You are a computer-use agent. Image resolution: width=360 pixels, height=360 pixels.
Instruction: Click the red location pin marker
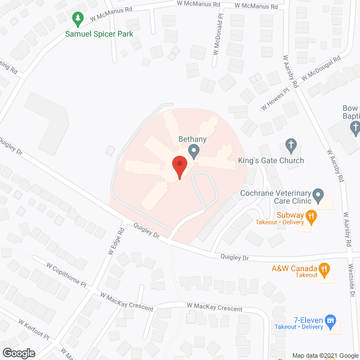tap(179, 167)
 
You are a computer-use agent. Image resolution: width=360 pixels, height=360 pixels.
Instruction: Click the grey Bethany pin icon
tap(194, 151)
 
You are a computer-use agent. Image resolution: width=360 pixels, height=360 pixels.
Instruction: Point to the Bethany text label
tap(193, 138)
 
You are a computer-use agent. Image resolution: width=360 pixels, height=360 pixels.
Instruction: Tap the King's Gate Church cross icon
tap(291, 145)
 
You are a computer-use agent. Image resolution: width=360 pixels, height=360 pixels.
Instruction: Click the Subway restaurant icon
tap(309, 215)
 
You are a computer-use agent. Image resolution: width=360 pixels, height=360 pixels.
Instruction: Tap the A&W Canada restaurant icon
tap(323, 269)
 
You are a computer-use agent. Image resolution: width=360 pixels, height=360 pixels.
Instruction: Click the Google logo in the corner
tap(17, 353)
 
